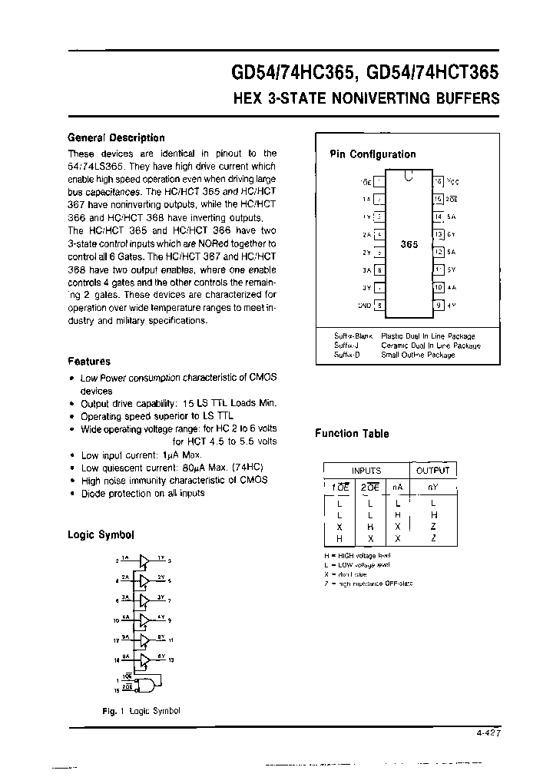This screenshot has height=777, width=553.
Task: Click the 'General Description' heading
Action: point(116,138)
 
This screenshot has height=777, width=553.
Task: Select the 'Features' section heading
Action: point(89,361)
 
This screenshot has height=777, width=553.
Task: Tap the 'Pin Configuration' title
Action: point(373,154)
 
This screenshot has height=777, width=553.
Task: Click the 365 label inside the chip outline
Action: point(409,245)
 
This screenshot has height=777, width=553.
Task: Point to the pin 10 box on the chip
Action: point(439,287)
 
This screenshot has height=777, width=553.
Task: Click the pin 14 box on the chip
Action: point(439,217)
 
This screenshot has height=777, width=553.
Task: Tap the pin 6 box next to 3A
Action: point(379,269)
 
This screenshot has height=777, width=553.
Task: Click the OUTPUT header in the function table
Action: point(433,470)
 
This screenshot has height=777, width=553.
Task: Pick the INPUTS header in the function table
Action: point(366,470)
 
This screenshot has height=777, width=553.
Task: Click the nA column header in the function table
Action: point(397,487)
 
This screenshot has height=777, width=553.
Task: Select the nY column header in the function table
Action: point(434,487)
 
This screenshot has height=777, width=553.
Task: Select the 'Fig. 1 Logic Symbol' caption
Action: point(141,711)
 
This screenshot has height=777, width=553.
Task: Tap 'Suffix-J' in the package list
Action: point(346,346)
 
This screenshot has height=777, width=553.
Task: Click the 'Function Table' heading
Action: point(352,434)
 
